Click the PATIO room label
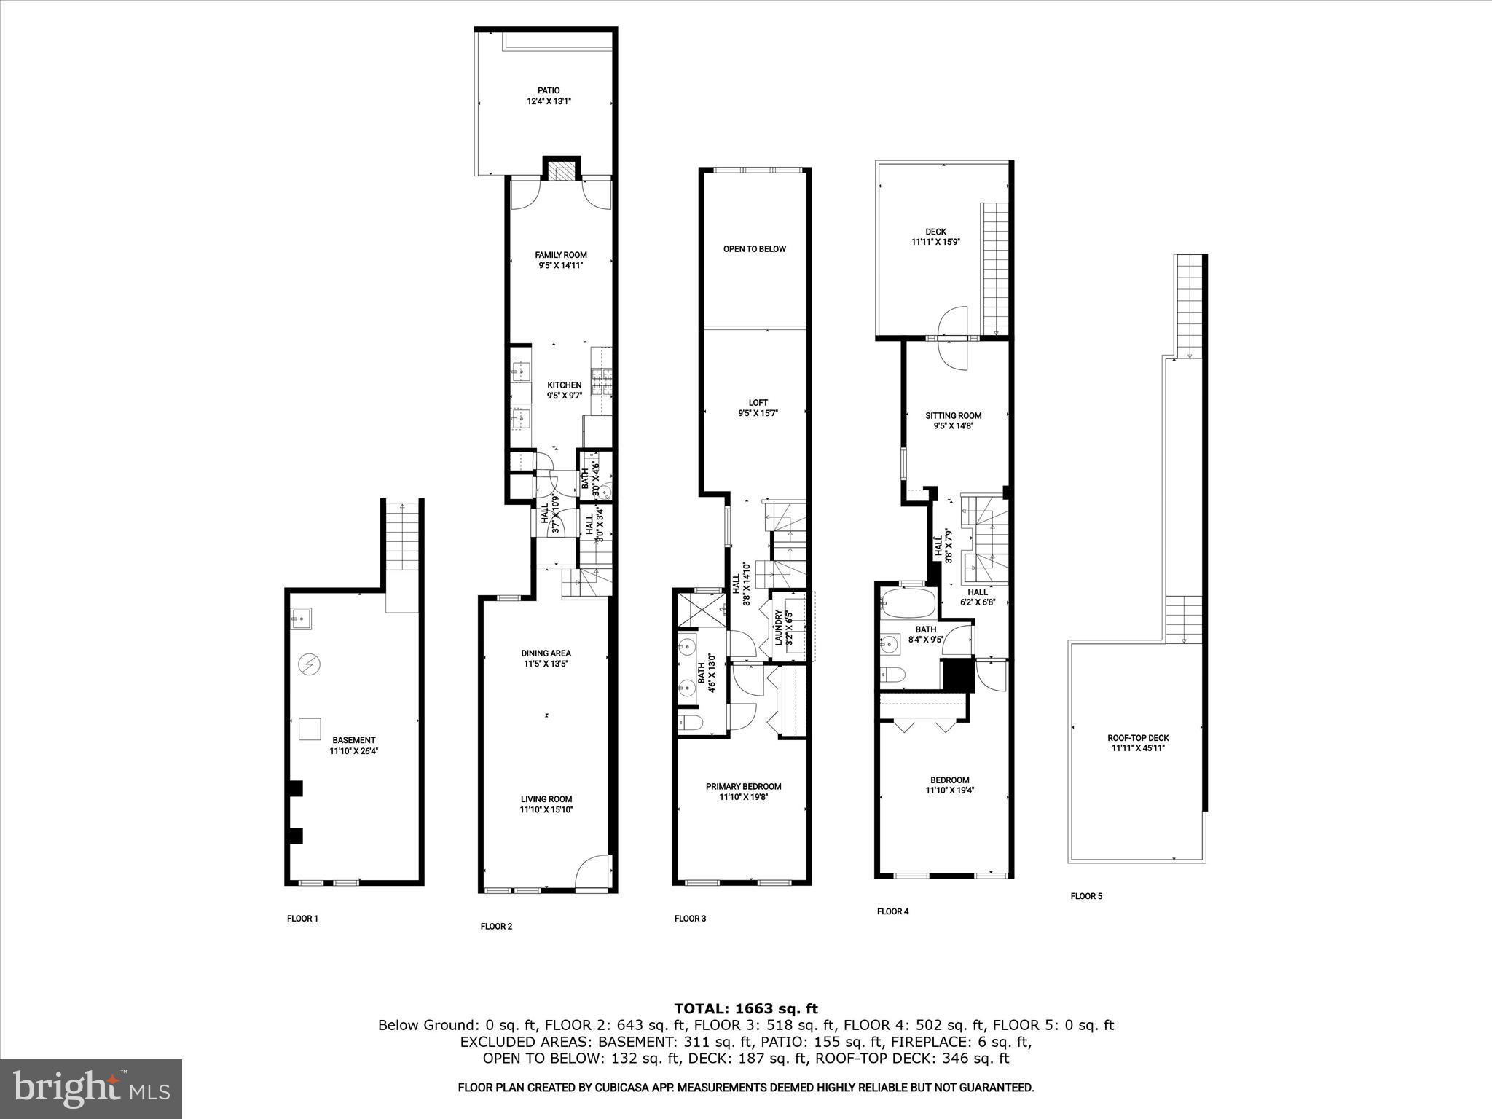coord(549,91)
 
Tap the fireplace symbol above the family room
coord(561,172)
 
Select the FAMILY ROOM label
coord(560,255)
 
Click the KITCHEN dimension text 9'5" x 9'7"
coord(565,396)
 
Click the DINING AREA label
coord(546,653)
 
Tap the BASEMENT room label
coord(353,740)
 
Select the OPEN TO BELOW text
coord(754,249)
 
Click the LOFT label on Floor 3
coord(758,403)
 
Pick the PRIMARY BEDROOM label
coord(743,787)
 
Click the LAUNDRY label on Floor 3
coord(778,627)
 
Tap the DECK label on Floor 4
coord(935,232)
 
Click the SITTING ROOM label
coord(953,416)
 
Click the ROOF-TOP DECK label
coord(1140,738)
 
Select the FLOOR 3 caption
coord(690,919)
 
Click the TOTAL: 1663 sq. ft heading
coord(745,1009)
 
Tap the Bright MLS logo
coord(91,1089)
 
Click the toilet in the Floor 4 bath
coord(892,675)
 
